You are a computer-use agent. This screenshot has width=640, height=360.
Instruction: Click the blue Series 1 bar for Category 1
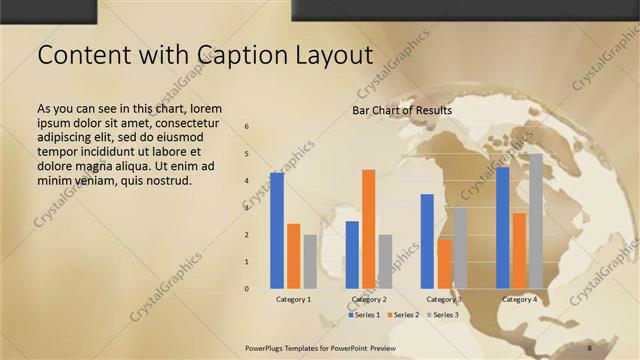(x=277, y=231)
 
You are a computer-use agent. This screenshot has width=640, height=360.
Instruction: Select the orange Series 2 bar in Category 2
(x=368, y=229)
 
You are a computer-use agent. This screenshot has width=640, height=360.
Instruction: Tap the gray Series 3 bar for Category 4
(x=536, y=221)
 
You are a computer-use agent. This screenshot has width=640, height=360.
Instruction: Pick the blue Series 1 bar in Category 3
(x=427, y=241)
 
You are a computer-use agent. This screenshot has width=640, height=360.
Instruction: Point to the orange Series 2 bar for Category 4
(x=519, y=251)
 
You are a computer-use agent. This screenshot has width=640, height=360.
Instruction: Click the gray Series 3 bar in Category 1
(x=310, y=262)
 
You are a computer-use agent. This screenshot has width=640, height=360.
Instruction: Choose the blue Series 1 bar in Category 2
(x=352, y=255)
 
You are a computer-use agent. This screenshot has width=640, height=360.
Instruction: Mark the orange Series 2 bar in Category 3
(x=444, y=264)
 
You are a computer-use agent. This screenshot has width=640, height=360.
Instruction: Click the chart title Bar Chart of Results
(x=402, y=110)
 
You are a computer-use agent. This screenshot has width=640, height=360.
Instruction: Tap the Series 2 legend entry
(x=403, y=315)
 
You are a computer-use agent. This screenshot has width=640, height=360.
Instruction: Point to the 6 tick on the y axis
(x=247, y=127)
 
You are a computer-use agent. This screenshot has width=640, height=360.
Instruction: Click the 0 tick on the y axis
(x=247, y=289)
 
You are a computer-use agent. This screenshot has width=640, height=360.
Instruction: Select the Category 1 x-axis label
(x=294, y=299)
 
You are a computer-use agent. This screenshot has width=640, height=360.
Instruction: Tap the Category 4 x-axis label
(x=519, y=299)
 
